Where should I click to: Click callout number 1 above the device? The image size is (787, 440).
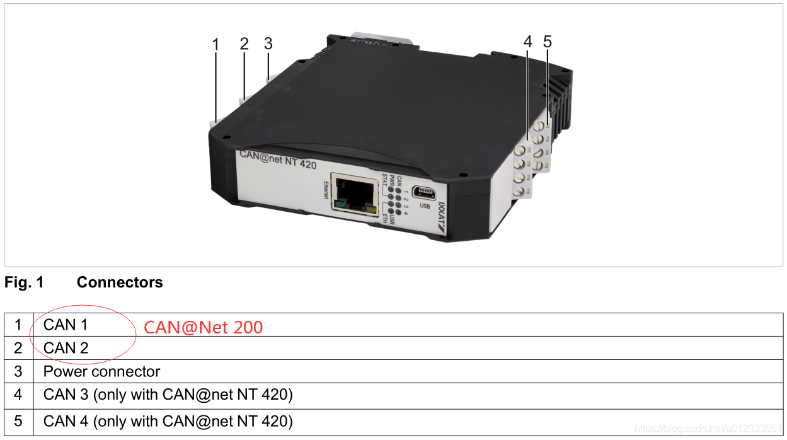click(x=215, y=45)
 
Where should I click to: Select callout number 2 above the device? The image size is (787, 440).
click(x=244, y=43)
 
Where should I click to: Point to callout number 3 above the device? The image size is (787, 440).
click(x=268, y=43)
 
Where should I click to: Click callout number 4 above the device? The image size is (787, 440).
click(x=527, y=42)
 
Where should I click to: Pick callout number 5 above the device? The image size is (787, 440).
click(x=547, y=42)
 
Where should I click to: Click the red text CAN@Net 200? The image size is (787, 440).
click(x=203, y=327)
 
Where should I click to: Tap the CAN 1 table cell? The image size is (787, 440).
click(x=66, y=325)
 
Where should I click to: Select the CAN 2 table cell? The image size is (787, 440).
click(x=66, y=348)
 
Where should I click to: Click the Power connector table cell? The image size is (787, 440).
click(x=101, y=371)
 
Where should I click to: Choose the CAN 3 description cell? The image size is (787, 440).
click(x=168, y=395)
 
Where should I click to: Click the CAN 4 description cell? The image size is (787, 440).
click(x=168, y=421)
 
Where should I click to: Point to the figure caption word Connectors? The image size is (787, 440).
click(x=120, y=282)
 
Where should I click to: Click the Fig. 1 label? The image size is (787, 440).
click(x=24, y=282)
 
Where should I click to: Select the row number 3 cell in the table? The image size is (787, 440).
click(x=18, y=371)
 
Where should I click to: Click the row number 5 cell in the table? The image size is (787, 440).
click(x=18, y=421)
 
